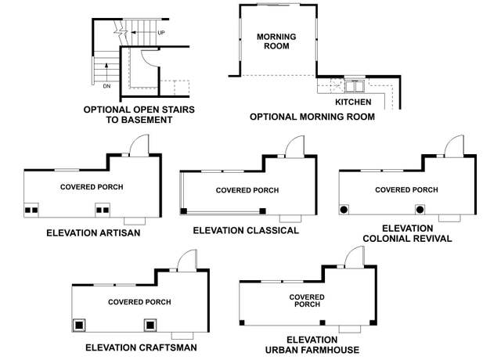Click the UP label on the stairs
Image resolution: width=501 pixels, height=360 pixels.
(x=161, y=33)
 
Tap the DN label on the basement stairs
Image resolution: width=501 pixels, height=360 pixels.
(x=106, y=86)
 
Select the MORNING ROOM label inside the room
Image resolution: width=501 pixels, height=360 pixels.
(x=276, y=41)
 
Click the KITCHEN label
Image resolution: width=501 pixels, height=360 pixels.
(x=353, y=103)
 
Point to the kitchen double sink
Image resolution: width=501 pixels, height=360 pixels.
(x=355, y=86)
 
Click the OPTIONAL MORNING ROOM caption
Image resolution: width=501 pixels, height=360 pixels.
(x=312, y=117)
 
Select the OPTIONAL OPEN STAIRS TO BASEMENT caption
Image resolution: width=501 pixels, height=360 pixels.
(x=139, y=115)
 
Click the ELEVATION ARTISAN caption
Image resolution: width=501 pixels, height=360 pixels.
(x=93, y=233)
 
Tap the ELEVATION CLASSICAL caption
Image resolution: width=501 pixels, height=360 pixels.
(x=246, y=230)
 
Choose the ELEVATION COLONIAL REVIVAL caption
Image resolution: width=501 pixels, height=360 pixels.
(x=407, y=233)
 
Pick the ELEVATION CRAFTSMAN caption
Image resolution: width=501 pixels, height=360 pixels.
(x=141, y=347)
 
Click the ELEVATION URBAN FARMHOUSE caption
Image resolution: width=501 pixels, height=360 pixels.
(x=312, y=345)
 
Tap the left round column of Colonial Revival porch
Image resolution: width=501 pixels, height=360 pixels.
(x=344, y=210)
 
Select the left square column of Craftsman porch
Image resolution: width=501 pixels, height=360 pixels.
(x=79, y=326)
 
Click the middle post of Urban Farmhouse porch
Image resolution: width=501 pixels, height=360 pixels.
(x=323, y=322)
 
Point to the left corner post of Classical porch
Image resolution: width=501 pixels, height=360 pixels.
(x=183, y=211)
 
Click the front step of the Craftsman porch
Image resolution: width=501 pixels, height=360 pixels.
(x=182, y=336)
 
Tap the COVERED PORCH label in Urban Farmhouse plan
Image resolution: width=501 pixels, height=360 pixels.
(x=307, y=301)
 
